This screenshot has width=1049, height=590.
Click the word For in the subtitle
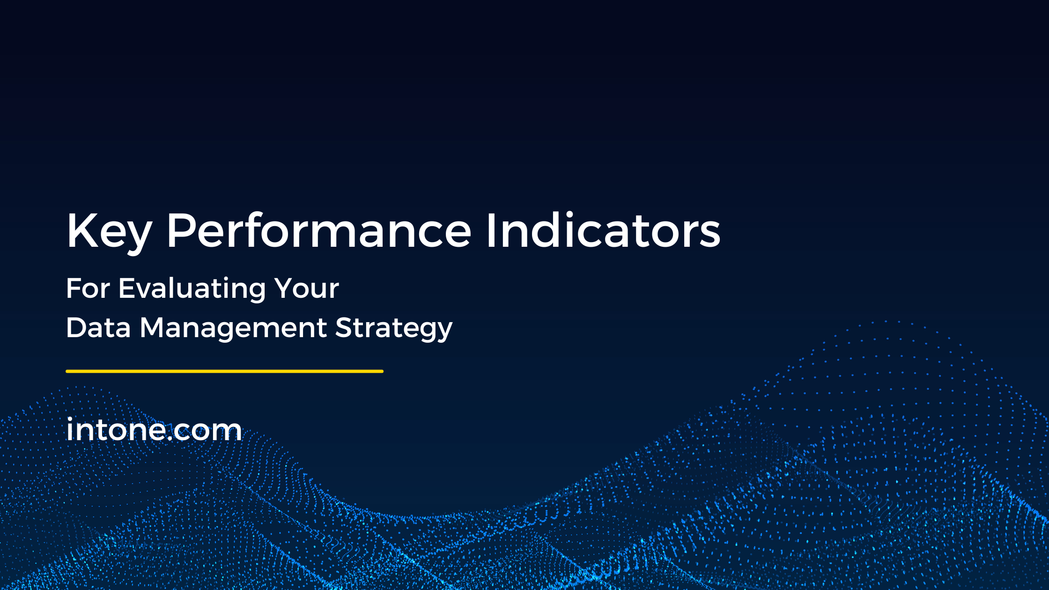pos(88,288)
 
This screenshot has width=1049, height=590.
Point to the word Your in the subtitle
pos(306,288)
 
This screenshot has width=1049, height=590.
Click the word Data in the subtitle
pos(98,327)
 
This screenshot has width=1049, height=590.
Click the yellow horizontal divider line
pos(225,371)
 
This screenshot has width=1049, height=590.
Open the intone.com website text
pos(154,429)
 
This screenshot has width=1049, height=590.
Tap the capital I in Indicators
pos(491,230)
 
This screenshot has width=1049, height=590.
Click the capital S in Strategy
pos(345,327)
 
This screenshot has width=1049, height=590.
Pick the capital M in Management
pos(154,327)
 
